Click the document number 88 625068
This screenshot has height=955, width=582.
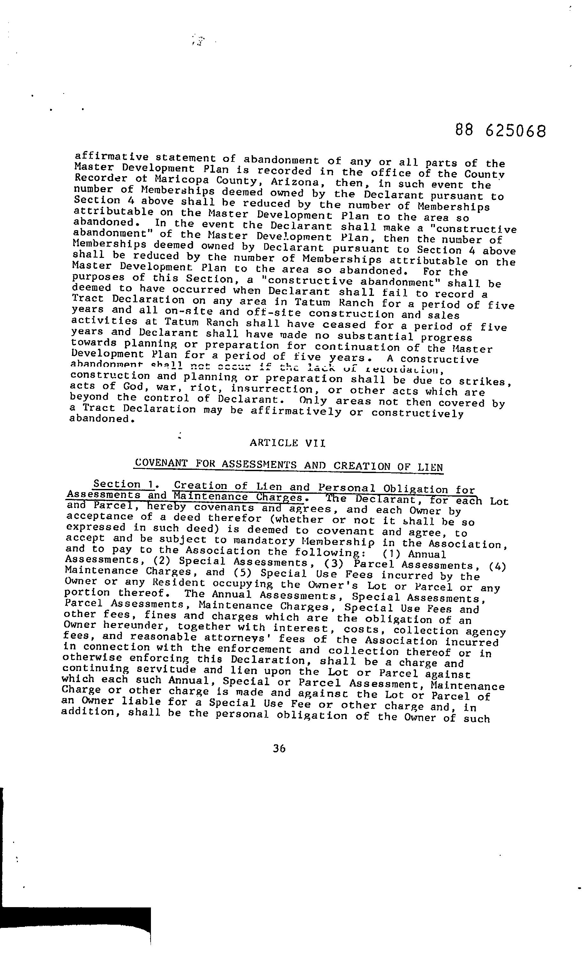tap(500, 131)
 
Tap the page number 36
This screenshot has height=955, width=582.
tap(279, 748)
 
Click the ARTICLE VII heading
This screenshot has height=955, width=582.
tap(287, 443)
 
